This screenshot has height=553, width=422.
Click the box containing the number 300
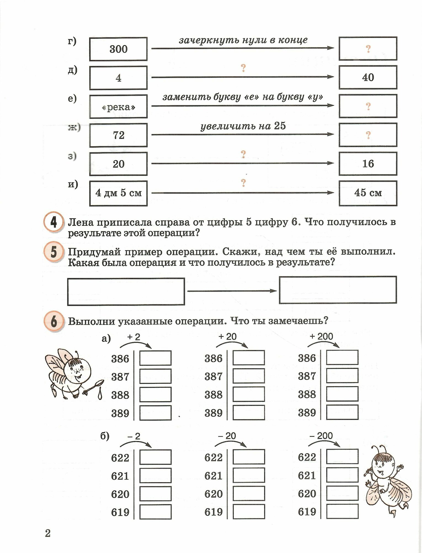pyautogui.click(x=118, y=49)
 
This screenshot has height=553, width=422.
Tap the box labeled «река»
pyautogui.click(x=118, y=106)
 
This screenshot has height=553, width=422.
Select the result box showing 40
pyautogui.click(x=368, y=77)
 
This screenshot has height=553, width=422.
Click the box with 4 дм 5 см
pyautogui.click(x=118, y=193)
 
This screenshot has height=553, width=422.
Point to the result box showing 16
pyautogui.click(x=368, y=164)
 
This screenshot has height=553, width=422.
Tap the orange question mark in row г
pyautogui.click(x=368, y=49)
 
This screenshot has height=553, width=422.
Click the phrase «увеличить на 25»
pyautogui.click(x=243, y=126)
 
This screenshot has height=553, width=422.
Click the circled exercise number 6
pyautogui.click(x=54, y=322)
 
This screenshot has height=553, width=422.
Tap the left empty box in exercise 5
pyautogui.click(x=126, y=291)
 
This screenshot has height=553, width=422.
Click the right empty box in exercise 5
pyautogui.click(x=338, y=290)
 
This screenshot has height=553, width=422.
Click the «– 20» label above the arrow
pyautogui.click(x=227, y=436)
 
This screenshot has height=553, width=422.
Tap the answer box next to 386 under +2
pyautogui.click(x=155, y=358)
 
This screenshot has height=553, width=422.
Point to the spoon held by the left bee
pyautogui.click(x=95, y=386)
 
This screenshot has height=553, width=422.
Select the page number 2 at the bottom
pyautogui.click(x=48, y=533)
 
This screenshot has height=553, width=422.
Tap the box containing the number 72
pyautogui.click(x=118, y=135)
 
